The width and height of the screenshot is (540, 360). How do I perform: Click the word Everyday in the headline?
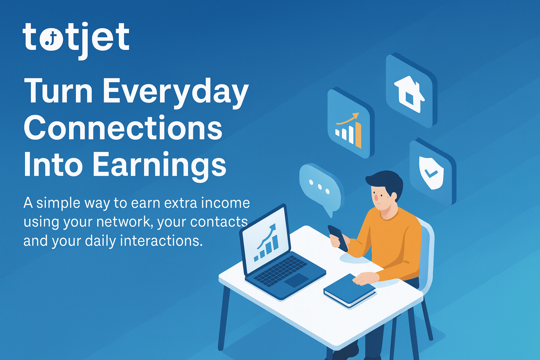pyautogui.click(x=177, y=93)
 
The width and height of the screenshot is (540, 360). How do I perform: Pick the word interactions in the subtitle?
pyautogui.click(x=161, y=241)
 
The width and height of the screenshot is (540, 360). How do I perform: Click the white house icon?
pyautogui.click(x=409, y=94)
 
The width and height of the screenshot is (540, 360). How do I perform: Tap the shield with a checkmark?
pyautogui.click(x=431, y=172)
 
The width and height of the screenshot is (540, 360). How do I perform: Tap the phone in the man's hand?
pyautogui.click(x=338, y=238)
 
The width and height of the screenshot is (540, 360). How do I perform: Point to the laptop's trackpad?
pyautogui.click(x=296, y=280)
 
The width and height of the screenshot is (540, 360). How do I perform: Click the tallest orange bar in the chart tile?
pyautogui.click(x=358, y=135)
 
